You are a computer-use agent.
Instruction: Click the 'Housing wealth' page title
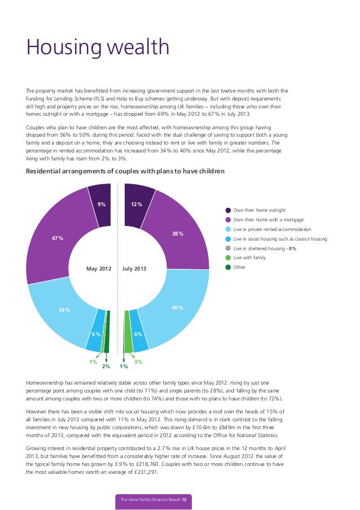click(x=98, y=47)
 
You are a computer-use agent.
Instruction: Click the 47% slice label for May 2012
click(x=58, y=238)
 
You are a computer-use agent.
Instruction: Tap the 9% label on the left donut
click(x=101, y=204)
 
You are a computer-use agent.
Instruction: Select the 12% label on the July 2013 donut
click(x=137, y=204)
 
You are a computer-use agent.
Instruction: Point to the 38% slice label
click(x=177, y=233)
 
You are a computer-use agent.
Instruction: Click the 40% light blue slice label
click(x=178, y=307)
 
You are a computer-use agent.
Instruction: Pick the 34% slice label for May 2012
click(x=64, y=310)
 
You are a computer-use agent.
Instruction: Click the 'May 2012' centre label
click(x=99, y=269)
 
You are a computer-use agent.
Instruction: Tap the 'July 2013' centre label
click(x=134, y=269)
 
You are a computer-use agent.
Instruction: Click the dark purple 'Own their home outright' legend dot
click(x=228, y=210)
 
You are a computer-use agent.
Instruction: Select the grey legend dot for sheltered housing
click(x=228, y=248)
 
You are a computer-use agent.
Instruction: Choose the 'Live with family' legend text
click(x=249, y=258)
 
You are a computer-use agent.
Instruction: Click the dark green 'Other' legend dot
click(x=228, y=267)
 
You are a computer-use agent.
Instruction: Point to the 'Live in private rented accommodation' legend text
click(x=272, y=229)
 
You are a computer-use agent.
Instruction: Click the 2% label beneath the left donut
click(x=106, y=367)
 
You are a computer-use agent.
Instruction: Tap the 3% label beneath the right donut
click(x=138, y=361)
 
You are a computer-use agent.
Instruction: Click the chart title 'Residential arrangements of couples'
click(x=125, y=171)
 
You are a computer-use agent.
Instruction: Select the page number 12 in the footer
click(x=183, y=500)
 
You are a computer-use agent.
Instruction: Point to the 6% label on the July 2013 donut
click(x=138, y=334)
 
